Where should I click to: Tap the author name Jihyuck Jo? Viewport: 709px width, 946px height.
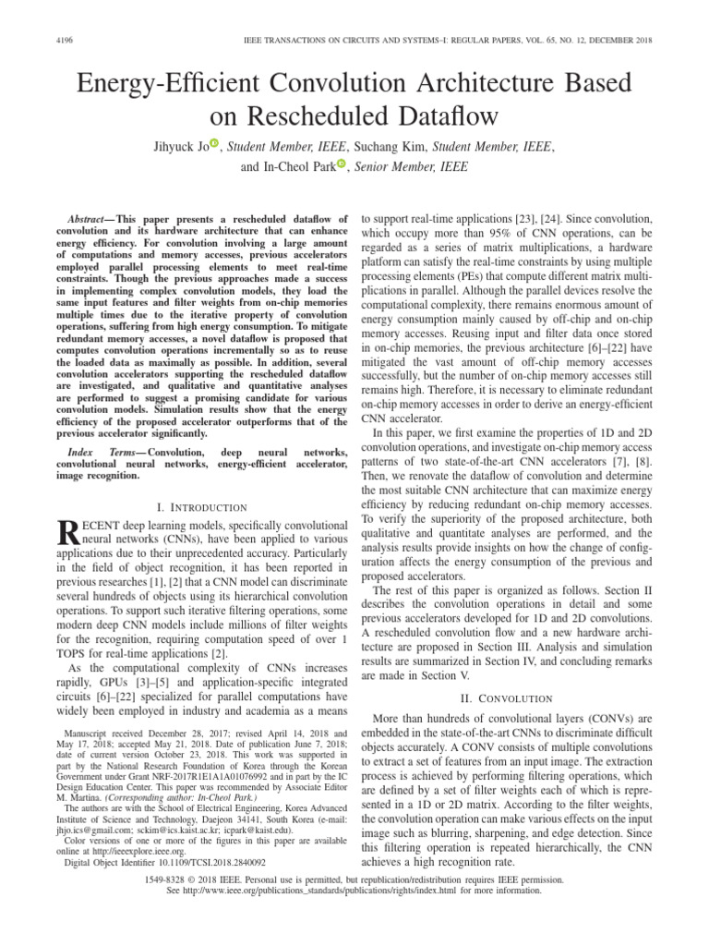174,145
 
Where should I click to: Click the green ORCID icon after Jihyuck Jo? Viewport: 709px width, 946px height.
215,142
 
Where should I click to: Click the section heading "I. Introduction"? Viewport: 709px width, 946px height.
201,507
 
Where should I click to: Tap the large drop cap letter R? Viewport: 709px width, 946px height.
68,534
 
